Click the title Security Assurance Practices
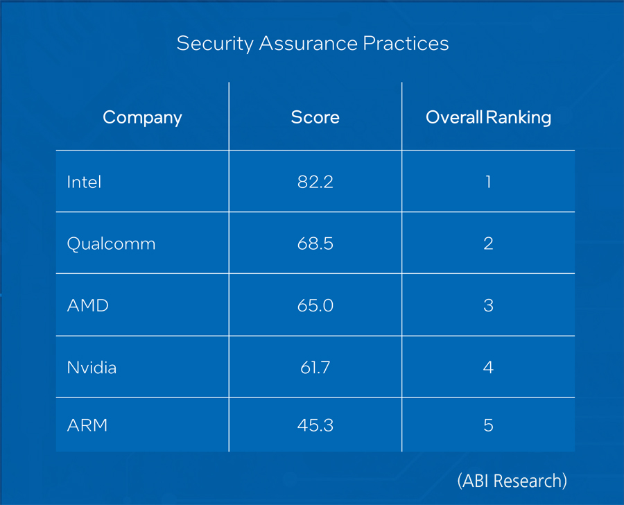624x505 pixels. click(313, 44)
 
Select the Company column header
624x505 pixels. click(142, 117)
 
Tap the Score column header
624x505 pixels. click(315, 117)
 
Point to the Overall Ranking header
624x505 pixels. click(488, 117)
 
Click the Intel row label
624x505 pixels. click(84, 182)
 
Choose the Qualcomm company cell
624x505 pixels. click(111, 244)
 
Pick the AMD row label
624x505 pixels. click(87, 305)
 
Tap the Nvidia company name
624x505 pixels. click(92, 368)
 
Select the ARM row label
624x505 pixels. click(87, 425)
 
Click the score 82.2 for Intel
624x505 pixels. click(315, 182)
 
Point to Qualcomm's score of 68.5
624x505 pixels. click(315, 244)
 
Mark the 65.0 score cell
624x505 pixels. click(315, 305)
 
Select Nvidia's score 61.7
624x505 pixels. click(315, 368)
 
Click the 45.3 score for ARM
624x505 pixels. click(315, 425)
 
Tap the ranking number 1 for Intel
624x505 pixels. click(488, 182)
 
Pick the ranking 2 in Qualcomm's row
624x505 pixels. click(488, 244)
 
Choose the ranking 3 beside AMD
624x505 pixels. click(488, 305)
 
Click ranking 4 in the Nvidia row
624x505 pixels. click(488, 368)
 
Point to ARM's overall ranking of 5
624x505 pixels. click(488, 425)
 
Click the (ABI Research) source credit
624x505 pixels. click(512, 480)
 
